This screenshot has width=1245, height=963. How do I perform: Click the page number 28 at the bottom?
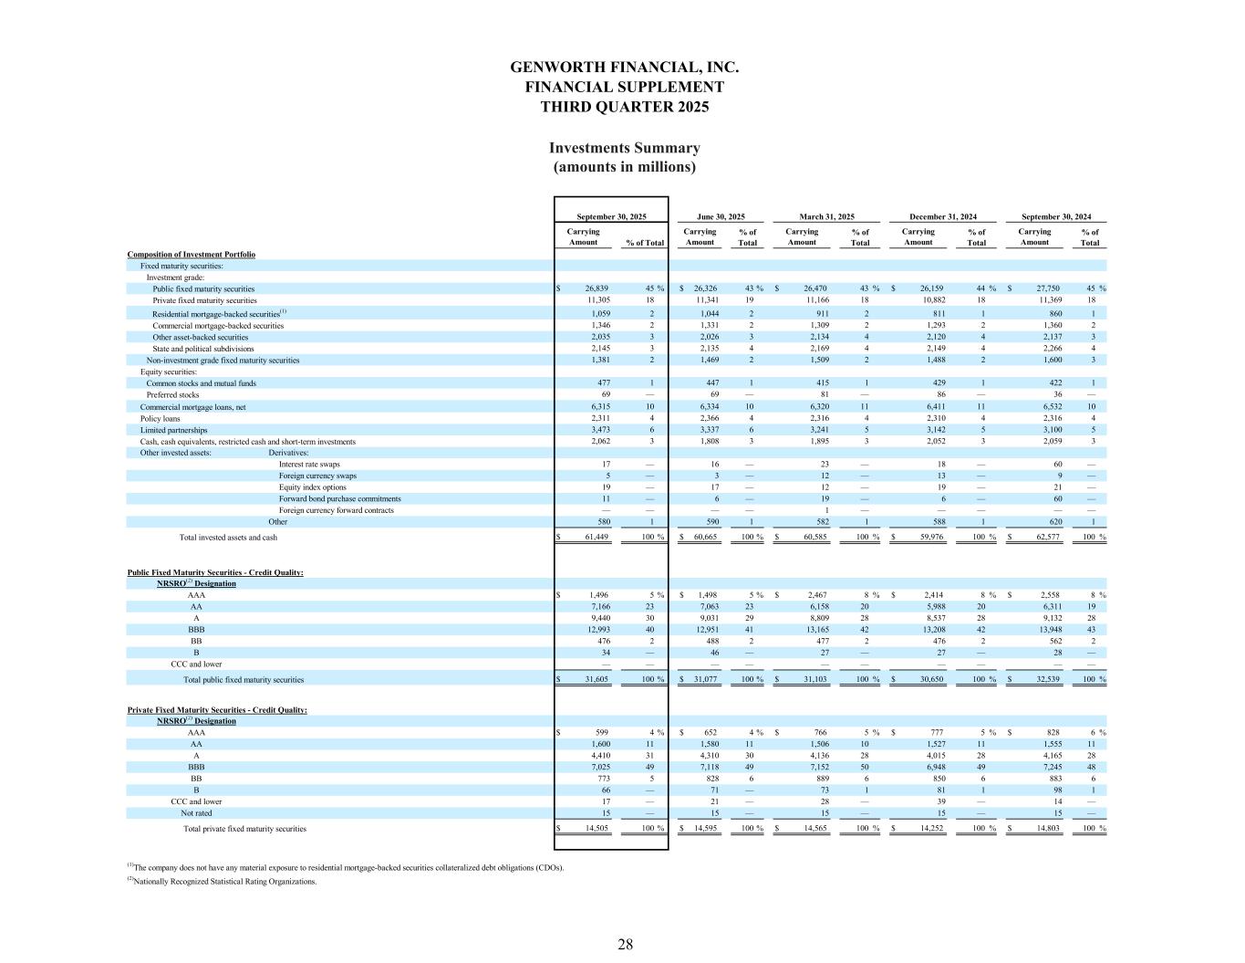(x=625, y=945)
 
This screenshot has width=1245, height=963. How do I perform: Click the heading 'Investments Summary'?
(x=624, y=148)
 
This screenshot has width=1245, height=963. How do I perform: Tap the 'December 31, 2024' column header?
(x=943, y=217)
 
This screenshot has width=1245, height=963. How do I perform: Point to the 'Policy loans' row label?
(x=161, y=418)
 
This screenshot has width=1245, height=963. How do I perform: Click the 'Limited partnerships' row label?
(x=173, y=430)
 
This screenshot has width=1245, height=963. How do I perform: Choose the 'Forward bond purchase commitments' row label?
(x=339, y=498)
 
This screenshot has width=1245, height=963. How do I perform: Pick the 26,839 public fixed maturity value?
(x=594, y=288)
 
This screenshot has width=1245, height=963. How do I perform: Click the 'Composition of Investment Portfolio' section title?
(x=191, y=254)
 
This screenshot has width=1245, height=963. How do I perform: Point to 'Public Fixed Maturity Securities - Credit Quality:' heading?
(x=215, y=572)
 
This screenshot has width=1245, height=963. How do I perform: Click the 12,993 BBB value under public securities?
(x=594, y=630)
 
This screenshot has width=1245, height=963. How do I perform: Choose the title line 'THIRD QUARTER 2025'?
(x=624, y=107)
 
